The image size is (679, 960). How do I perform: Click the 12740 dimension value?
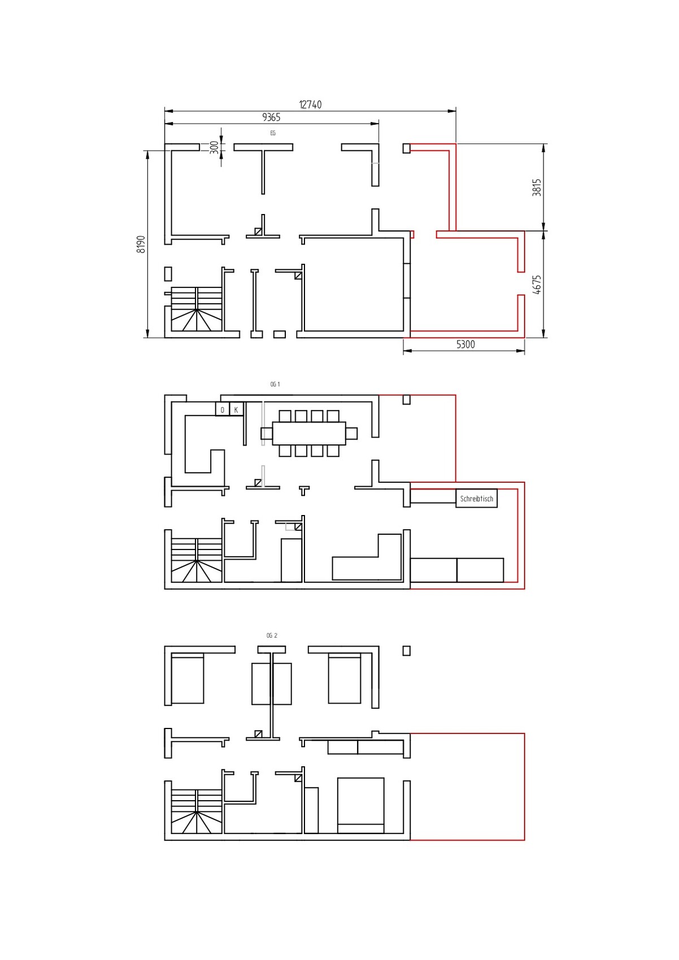(310, 104)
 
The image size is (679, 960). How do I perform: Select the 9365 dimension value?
(271, 117)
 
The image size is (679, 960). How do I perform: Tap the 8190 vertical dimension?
(141, 245)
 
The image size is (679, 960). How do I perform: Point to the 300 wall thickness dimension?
(214, 147)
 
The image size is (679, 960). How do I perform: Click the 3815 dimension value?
(537, 187)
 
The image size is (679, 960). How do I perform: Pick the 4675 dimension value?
(537, 285)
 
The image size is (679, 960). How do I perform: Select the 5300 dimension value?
(465, 344)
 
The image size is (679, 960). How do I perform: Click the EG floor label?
(273, 133)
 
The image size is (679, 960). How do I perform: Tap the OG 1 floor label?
(275, 385)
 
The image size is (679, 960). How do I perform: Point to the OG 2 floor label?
(272, 635)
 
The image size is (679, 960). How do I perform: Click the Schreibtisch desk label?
(477, 499)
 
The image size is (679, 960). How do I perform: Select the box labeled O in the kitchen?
(222, 409)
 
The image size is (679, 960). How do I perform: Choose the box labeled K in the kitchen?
(236, 409)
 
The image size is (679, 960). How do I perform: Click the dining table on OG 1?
(309, 434)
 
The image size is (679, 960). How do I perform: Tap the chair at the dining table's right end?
(351, 433)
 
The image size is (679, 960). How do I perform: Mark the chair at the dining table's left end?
(267, 433)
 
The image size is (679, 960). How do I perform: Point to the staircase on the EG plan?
(197, 309)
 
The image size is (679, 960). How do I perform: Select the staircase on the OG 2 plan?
(197, 811)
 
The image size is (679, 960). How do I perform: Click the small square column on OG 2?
(406, 651)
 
